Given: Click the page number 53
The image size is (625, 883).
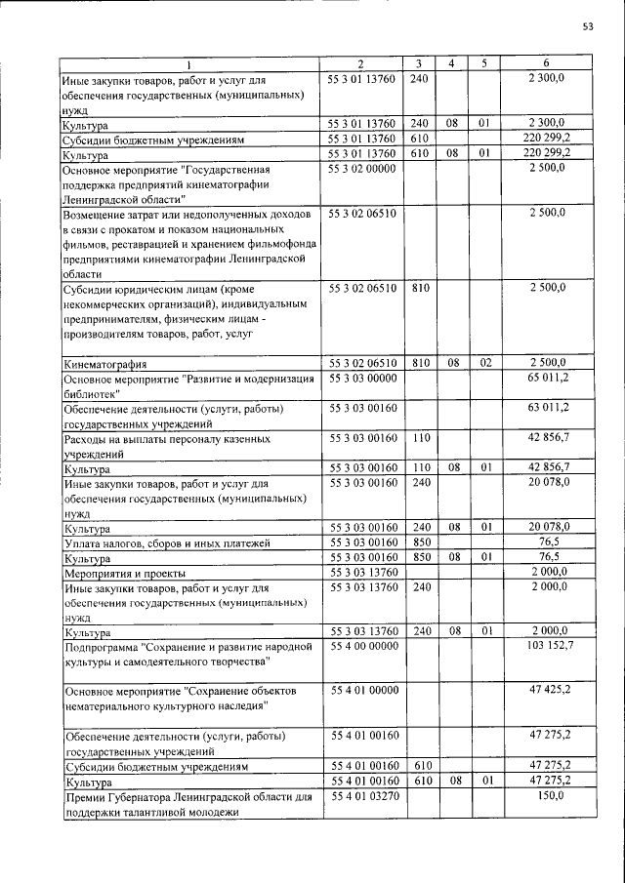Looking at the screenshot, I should [x=588, y=26].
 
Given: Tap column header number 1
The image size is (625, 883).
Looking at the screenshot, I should [x=189, y=63].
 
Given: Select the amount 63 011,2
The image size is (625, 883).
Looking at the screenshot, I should [x=549, y=407].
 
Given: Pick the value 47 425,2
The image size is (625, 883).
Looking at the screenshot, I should [x=549, y=690].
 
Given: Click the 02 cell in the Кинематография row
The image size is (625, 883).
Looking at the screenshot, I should [x=482, y=363].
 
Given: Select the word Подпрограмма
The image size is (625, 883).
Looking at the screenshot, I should [x=101, y=647].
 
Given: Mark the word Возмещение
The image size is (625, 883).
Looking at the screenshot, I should [x=99, y=213].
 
